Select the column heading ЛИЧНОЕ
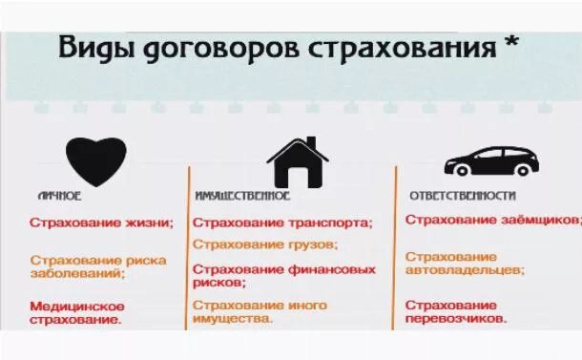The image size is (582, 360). (59, 195)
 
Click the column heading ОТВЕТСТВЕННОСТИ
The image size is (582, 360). (463, 195)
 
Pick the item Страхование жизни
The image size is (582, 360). (101, 223)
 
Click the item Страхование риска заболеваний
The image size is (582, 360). (97, 266)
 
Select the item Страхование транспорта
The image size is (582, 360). (282, 223)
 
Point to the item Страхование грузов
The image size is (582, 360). (253, 245)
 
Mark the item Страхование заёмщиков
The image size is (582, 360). (492, 220)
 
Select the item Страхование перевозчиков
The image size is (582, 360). (456, 310)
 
